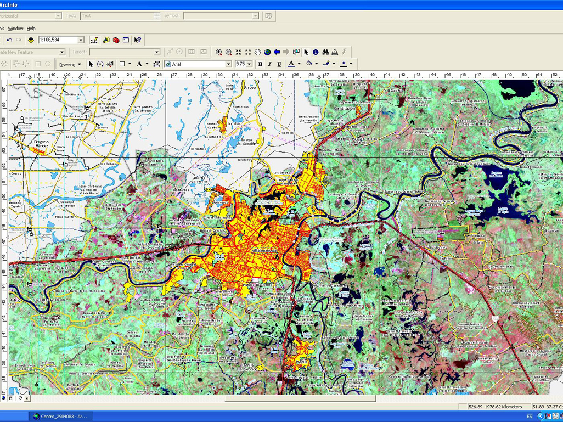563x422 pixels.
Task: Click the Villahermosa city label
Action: pyautogui.click(x=266, y=250)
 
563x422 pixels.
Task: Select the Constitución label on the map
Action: pyautogui.click(x=345, y=109)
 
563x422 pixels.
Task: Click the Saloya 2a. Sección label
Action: pyautogui.click(x=248, y=142)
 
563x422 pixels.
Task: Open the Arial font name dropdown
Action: pyautogui.click(x=198, y=64)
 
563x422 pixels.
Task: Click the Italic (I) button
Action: pyautogui.click(x=269, y=64)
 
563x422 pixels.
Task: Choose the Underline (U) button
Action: pyautogui.click(x=279, y=64)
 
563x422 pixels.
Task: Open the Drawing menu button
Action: pyautogui.click(x=70, y=64)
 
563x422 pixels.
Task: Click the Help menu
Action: pyautogui.click(x=31, y=29)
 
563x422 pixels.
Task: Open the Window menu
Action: pyautogui.click(x=15, y=29)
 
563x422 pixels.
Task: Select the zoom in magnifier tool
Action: pyautogui.click(x=219, y=52)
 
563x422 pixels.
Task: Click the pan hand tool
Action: pyautogui.click(x=257, y=52)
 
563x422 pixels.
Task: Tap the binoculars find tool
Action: pyautogui.click(x=325, y=52)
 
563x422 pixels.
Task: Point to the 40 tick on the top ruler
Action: pyautogui.click(x=372, y=75)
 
